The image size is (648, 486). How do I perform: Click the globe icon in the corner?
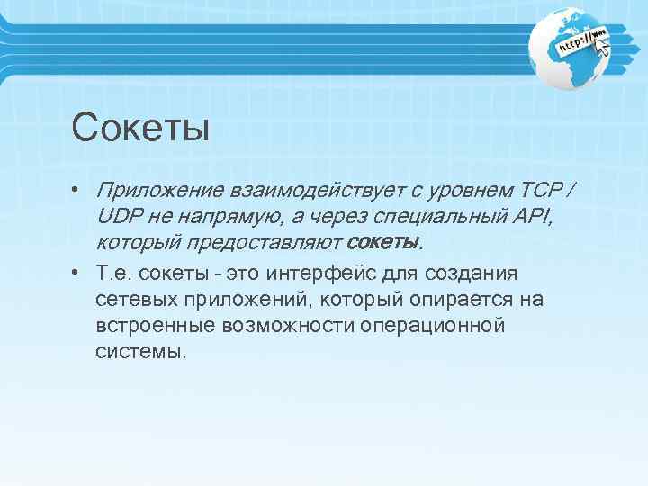[x=573, y=47]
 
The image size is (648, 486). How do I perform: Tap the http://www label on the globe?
[x=581, y=41]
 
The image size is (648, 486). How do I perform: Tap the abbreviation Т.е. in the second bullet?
[x=114, y=274]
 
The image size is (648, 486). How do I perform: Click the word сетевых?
[x=132, y=299]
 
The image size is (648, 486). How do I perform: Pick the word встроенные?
[x=148, y=325]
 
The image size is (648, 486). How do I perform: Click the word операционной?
[x=433, y=325]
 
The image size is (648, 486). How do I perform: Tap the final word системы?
[x=139, y=351]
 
